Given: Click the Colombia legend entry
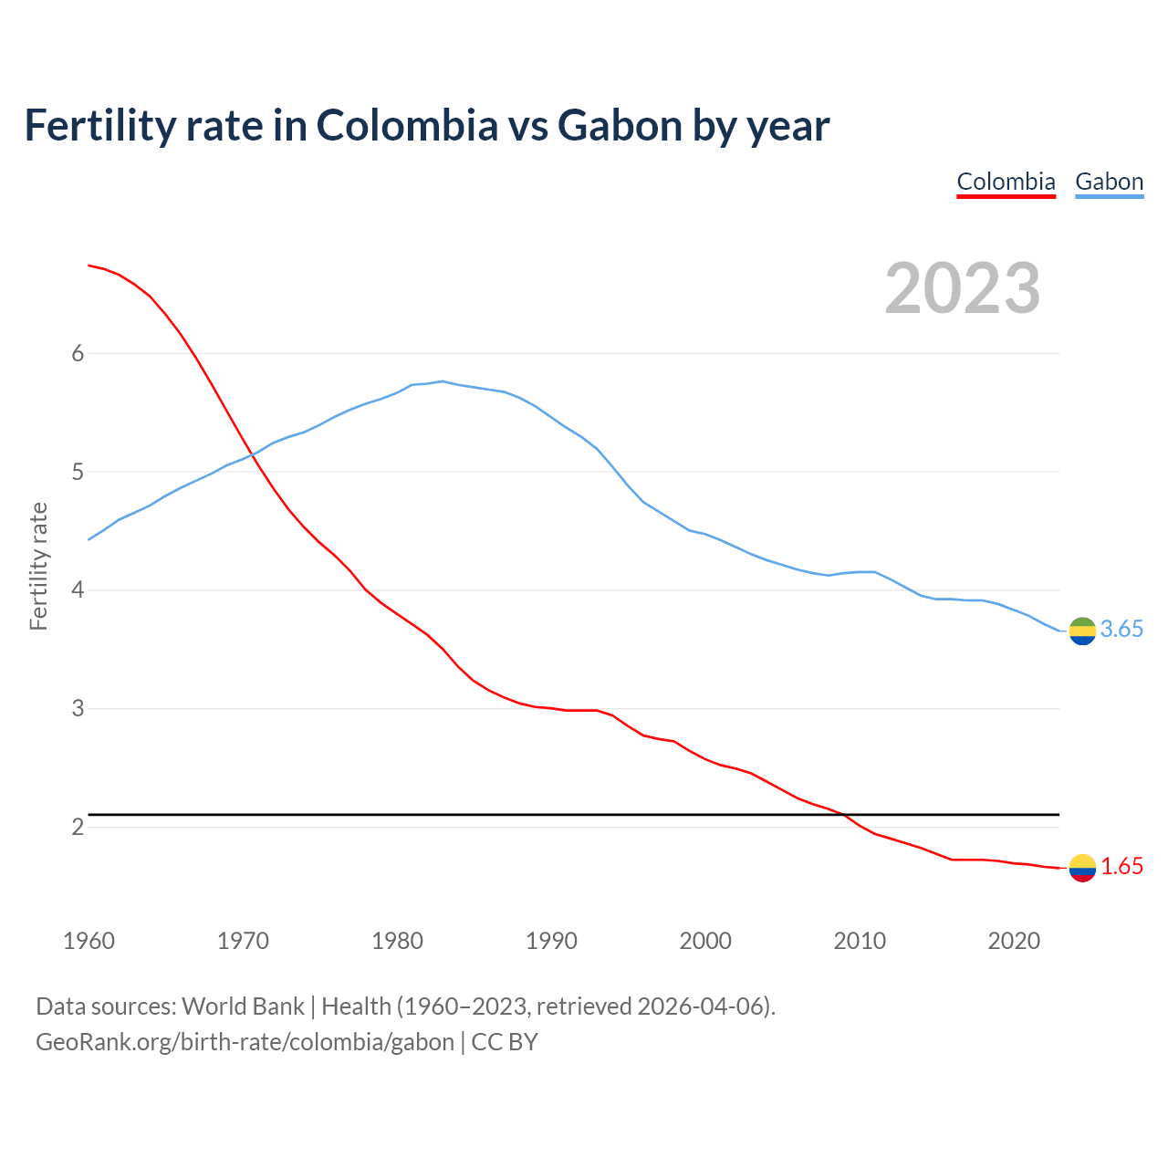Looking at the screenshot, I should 1006,182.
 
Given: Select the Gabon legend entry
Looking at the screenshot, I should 1109,182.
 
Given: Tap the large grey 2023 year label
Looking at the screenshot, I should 963,288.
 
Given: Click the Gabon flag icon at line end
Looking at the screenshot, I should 1082,631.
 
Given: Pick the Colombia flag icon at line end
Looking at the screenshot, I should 1082,868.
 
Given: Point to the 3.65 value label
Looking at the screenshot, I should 1121,630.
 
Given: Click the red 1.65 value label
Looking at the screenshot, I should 1121,867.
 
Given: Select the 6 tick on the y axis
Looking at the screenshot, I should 78,354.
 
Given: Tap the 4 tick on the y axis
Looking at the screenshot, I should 78,590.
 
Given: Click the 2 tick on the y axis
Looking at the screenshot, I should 78,828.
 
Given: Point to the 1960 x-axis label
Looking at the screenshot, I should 89,941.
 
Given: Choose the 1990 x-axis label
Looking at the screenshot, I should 551,941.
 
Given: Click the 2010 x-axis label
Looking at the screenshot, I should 860,941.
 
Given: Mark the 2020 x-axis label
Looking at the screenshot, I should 1014,941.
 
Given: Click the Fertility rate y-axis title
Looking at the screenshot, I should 38,566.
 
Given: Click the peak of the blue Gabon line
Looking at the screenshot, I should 442,381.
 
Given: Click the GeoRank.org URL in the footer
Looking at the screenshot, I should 245,1042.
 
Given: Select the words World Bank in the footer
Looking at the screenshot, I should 243,1006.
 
